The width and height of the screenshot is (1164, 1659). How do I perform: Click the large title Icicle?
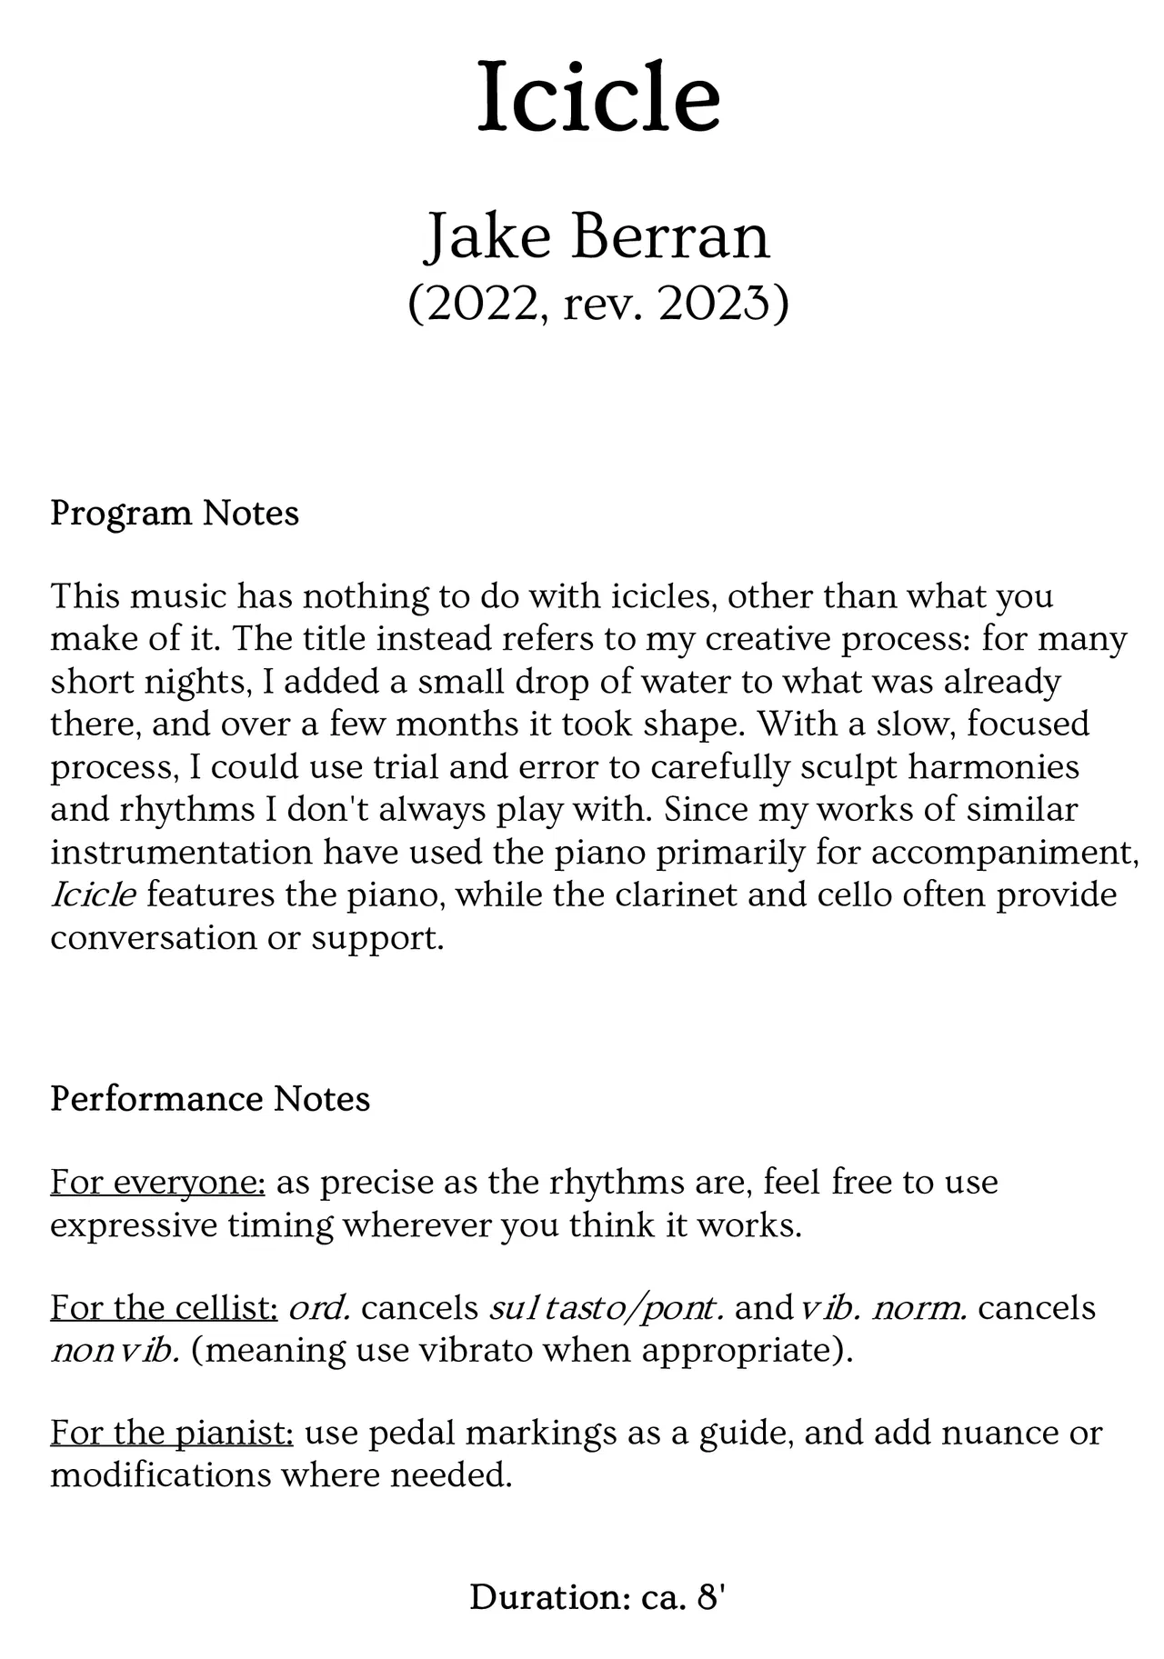click(598, 96)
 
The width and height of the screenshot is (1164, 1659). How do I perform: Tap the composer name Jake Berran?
click(597, 236)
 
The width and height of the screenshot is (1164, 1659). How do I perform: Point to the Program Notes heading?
click(175, 514)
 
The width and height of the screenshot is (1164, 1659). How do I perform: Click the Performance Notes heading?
click(210, 1099)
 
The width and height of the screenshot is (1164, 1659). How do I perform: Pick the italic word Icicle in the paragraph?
click(93, 895)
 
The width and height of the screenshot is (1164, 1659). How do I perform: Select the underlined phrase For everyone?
click(157, 1183)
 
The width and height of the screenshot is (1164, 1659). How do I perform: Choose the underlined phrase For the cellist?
click(164, 1308)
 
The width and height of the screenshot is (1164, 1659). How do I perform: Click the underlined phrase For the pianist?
click(172, 1434)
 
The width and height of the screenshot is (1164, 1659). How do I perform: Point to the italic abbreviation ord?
click(319, 1308)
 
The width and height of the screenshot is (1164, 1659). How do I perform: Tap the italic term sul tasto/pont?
click(607, 1308)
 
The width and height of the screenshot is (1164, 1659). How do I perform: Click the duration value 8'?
click(709, 1598)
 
